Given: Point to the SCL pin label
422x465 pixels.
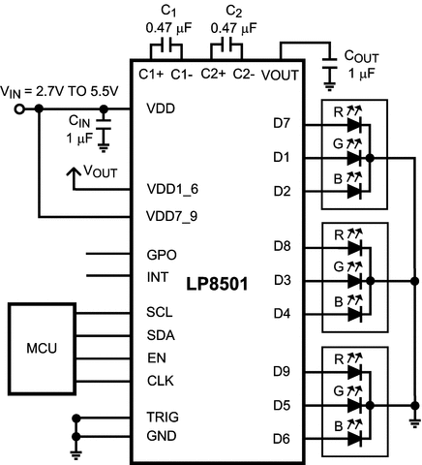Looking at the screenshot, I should tap(161, 314).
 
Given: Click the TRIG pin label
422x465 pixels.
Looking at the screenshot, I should tap(163, 417).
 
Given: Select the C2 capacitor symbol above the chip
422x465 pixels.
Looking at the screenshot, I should tap(230, 45).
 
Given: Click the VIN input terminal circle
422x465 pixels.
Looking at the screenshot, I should tap(19, 109).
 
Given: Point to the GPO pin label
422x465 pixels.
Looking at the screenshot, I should tap(161, 256).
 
